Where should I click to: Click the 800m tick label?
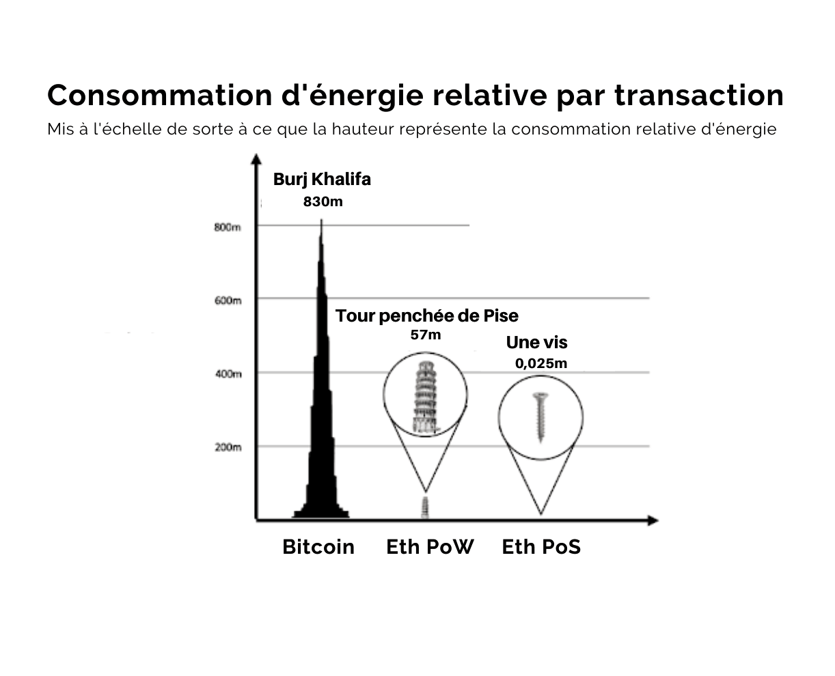pos(228,227)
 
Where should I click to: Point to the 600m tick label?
pos(228,300)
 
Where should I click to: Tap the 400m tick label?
pos(228,374)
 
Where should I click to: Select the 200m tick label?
pos(228,447)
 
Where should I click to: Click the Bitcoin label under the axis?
pos(318,547)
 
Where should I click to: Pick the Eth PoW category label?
pos(430,547)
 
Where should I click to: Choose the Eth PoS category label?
pos(541,547)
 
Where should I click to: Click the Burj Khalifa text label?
pos(322,180)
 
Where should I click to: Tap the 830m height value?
pos(323,201)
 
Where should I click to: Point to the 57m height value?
pos(426,335)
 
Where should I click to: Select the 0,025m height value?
pos(541,363)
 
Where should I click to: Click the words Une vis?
pos(536,342)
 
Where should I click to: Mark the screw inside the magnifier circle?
pos(540,418)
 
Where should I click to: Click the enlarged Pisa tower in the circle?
pos(424,397)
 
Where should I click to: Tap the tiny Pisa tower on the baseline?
pos(425,507)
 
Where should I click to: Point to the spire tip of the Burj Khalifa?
pos(321,220)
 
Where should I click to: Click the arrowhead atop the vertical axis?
pos(256,158)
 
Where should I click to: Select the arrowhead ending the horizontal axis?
pos(653,520)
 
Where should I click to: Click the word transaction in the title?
pos(699,95)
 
